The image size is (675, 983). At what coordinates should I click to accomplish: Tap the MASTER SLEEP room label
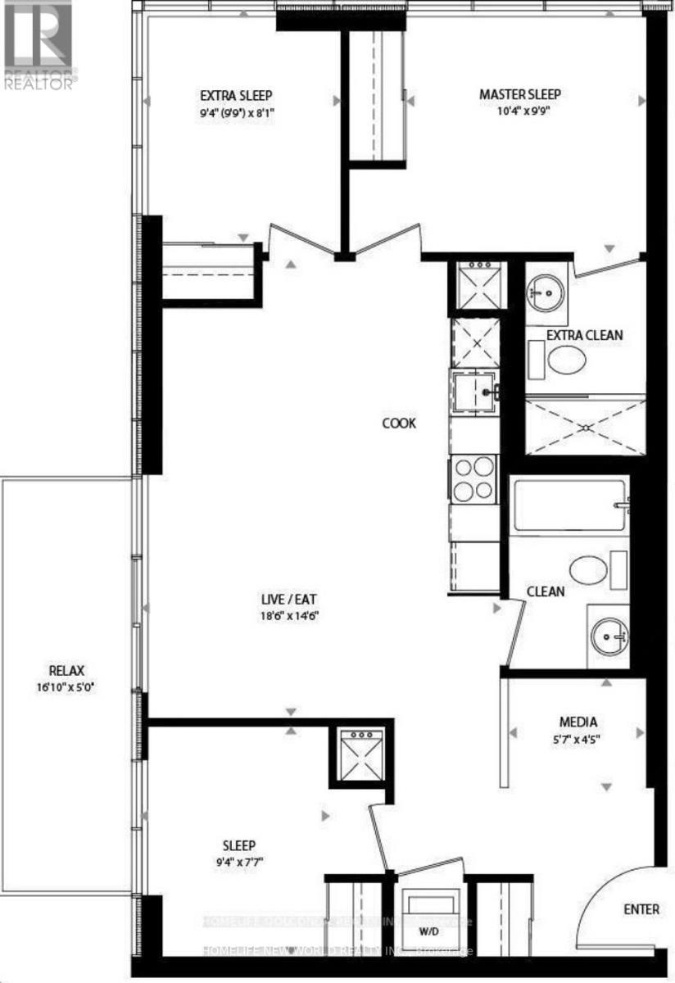[519, 94]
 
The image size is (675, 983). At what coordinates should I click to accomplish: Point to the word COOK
[399, 424]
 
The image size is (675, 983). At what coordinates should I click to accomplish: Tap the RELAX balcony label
[66, 669]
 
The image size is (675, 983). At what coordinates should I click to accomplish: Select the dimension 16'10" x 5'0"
[66, 687]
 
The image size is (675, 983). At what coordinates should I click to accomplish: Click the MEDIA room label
[578, 722]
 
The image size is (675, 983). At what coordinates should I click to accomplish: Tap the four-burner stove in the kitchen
[474, 479]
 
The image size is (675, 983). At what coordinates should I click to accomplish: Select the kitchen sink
[474, 392]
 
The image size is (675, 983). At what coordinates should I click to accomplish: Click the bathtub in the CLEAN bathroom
[567, 505]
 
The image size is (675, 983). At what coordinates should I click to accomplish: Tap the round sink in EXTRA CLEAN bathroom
[544, 289]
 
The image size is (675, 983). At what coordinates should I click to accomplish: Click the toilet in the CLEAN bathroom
[590, 568]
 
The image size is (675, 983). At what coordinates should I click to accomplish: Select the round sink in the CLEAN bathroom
[608, 633]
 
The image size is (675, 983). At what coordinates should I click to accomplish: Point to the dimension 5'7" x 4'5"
[578, 740]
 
